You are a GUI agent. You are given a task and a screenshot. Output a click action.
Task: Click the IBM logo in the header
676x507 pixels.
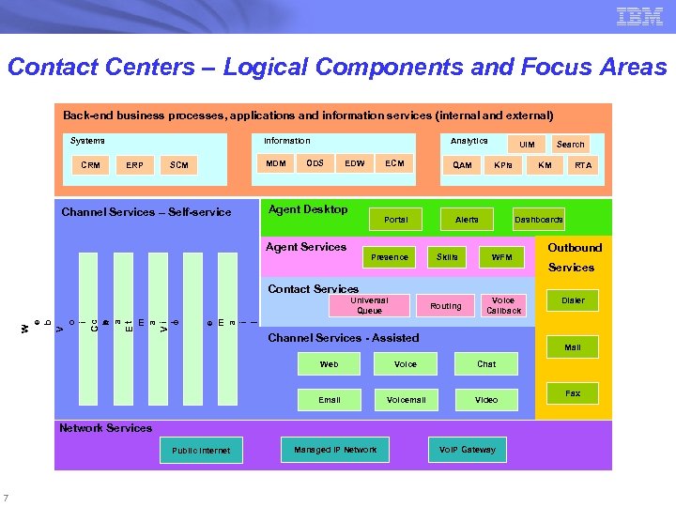pyautogui.click(x=639, y=16)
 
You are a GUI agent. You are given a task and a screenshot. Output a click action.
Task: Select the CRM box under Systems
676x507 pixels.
pyautogui.click(x=90, y=165)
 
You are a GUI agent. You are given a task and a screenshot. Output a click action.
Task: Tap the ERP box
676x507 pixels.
pyautogui.click(x=135, y=165)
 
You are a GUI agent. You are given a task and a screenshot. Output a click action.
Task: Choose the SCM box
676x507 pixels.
pyautogui.click(x=179, y=165)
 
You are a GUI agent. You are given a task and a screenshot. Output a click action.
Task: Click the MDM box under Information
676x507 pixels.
pyautogui.click(x=276, y=163)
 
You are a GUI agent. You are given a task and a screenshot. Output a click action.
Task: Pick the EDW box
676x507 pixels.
pyautogui.click(x=354, y=163)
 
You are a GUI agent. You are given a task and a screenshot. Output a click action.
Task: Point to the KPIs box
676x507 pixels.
pyautogui.click(x=503, y=165)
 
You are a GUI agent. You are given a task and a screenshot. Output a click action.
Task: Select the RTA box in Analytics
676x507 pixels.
pyautogui.click(x=583, y=165)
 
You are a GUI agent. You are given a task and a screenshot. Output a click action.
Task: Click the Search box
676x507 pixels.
pyautogui.click(x=570, y=145)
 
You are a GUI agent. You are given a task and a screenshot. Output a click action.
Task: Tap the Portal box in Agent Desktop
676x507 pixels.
pyautogui.click(x=396, y=220)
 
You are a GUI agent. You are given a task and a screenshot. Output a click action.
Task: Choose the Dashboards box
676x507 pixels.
pyautogui.click(x=538, y=220)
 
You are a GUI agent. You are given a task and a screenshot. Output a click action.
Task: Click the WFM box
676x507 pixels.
pyautogui.click(x=502, y=257)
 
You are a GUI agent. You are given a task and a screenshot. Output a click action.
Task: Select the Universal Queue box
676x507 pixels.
pyautogui.click(x=369, y=305)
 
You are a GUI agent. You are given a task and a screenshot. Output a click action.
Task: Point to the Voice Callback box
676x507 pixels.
pyautogui.click(x=503, y=305)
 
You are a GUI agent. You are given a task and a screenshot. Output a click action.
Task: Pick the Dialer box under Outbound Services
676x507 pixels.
pyautogui.click(x=573, y=301)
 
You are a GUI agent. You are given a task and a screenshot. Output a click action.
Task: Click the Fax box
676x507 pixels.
pyautogui.click(x=573, y=393)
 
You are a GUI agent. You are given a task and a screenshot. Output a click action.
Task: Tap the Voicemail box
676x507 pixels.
pyautogui.click(x=407, y=400)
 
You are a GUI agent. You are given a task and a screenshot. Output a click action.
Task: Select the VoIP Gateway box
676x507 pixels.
pyautogui.click(x=467, y=450)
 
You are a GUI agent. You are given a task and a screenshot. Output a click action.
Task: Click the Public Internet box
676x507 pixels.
pyautogui.click(x=201, y=451)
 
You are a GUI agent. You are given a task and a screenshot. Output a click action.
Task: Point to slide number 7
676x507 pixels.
pyautogui.click(x=7, y=498)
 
